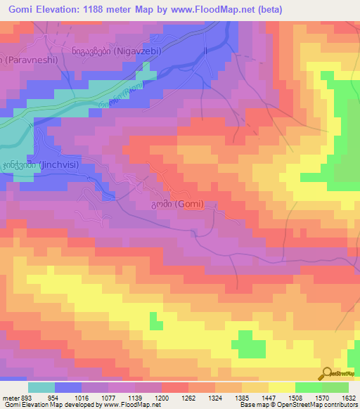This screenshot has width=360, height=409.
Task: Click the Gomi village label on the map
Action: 177,204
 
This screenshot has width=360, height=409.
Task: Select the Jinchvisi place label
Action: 35,164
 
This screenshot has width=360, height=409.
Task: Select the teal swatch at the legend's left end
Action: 41,387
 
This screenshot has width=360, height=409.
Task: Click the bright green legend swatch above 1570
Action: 309,387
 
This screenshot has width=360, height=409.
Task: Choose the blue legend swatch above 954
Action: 68,387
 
